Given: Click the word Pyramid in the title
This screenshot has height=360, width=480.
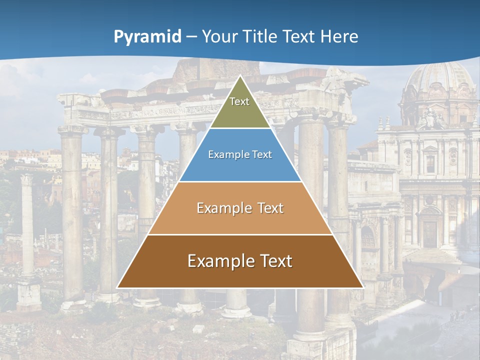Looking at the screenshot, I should tap(147, 37).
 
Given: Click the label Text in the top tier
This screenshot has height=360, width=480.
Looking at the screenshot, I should tap(239, 101).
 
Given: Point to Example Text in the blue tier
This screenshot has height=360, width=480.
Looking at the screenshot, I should tap(240, 154).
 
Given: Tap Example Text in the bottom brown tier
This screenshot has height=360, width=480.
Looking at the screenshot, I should tap(240, 261).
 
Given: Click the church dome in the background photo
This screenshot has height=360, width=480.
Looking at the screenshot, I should tap(440, 80).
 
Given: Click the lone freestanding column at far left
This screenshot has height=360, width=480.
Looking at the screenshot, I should tap(27, 225).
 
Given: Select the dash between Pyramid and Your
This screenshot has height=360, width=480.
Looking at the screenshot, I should tap(191, 37).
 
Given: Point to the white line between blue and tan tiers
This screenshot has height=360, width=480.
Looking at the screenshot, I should tap(240, 181).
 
